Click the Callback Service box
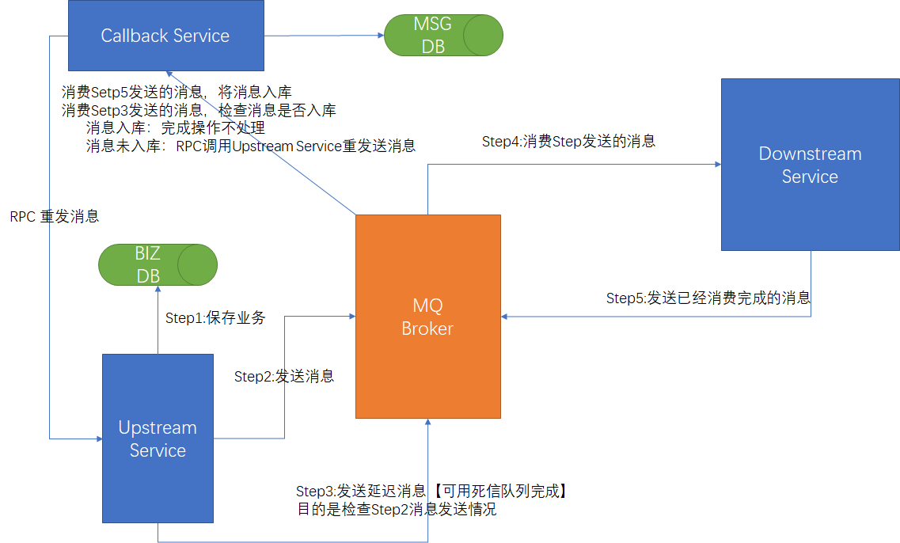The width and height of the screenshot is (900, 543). click(x=165, y=35)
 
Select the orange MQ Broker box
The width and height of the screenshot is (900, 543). click(x=427, y=317)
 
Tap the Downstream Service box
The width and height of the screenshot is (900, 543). click(x=810, y=165)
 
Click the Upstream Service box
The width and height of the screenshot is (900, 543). click(x=158, y=439)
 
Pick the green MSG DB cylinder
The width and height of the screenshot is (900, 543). click(x=443, y=35)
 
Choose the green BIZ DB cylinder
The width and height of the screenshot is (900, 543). click(x=158, y=264)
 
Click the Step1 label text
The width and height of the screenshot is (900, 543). click(x=215, y=318)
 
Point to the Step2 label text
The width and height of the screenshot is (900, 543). click(x=284, y=376)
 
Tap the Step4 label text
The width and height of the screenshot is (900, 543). click(x=568, y=142)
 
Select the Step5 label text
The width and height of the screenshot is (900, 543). click(x=708, y=298)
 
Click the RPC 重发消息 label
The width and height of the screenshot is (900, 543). click(x=55, y=216)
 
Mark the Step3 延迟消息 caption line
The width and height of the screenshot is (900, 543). click(x=432, y=491)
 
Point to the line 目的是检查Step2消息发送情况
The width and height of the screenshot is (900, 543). click(x=397, y=510)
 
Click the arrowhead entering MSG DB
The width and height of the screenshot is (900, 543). click(x=380, y=35)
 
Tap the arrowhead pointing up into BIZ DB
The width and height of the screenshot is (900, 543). click(x=158, y=289)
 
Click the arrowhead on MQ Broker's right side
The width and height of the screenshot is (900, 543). click(x=505, y=317)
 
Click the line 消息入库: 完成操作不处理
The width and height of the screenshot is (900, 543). click(x=175, y=127)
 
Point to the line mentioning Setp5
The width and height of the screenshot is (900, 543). click(x=182, y=92)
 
